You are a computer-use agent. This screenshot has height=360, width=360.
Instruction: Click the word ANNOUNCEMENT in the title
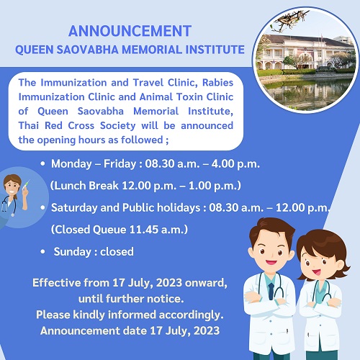(x=130, y=31)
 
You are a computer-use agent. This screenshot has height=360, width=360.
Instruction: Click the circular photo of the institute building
(x=305, y=60)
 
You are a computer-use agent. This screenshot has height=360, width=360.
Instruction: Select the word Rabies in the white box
(x=217, y=83)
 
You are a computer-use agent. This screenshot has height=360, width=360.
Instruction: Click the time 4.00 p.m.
(x=235, y=164)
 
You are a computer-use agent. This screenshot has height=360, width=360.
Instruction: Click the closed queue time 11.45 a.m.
(x=157, y=230)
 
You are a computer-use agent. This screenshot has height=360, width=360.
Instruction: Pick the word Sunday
(x=72, y=252)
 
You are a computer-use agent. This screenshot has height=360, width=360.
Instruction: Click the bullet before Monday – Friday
(x=43, y=163)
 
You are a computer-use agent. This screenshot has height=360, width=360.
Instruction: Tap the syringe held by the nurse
(x=26, y=184)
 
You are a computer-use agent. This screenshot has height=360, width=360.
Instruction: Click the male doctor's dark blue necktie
(x=271, y=291)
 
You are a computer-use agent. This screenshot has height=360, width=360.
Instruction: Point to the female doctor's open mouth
(x=316, y=272)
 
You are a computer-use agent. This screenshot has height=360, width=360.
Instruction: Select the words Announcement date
(x=94, y=330)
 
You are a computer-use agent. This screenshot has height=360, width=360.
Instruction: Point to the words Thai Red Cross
(x=56, y=126)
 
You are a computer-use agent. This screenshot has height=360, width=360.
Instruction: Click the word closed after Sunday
(x=117, y=252)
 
